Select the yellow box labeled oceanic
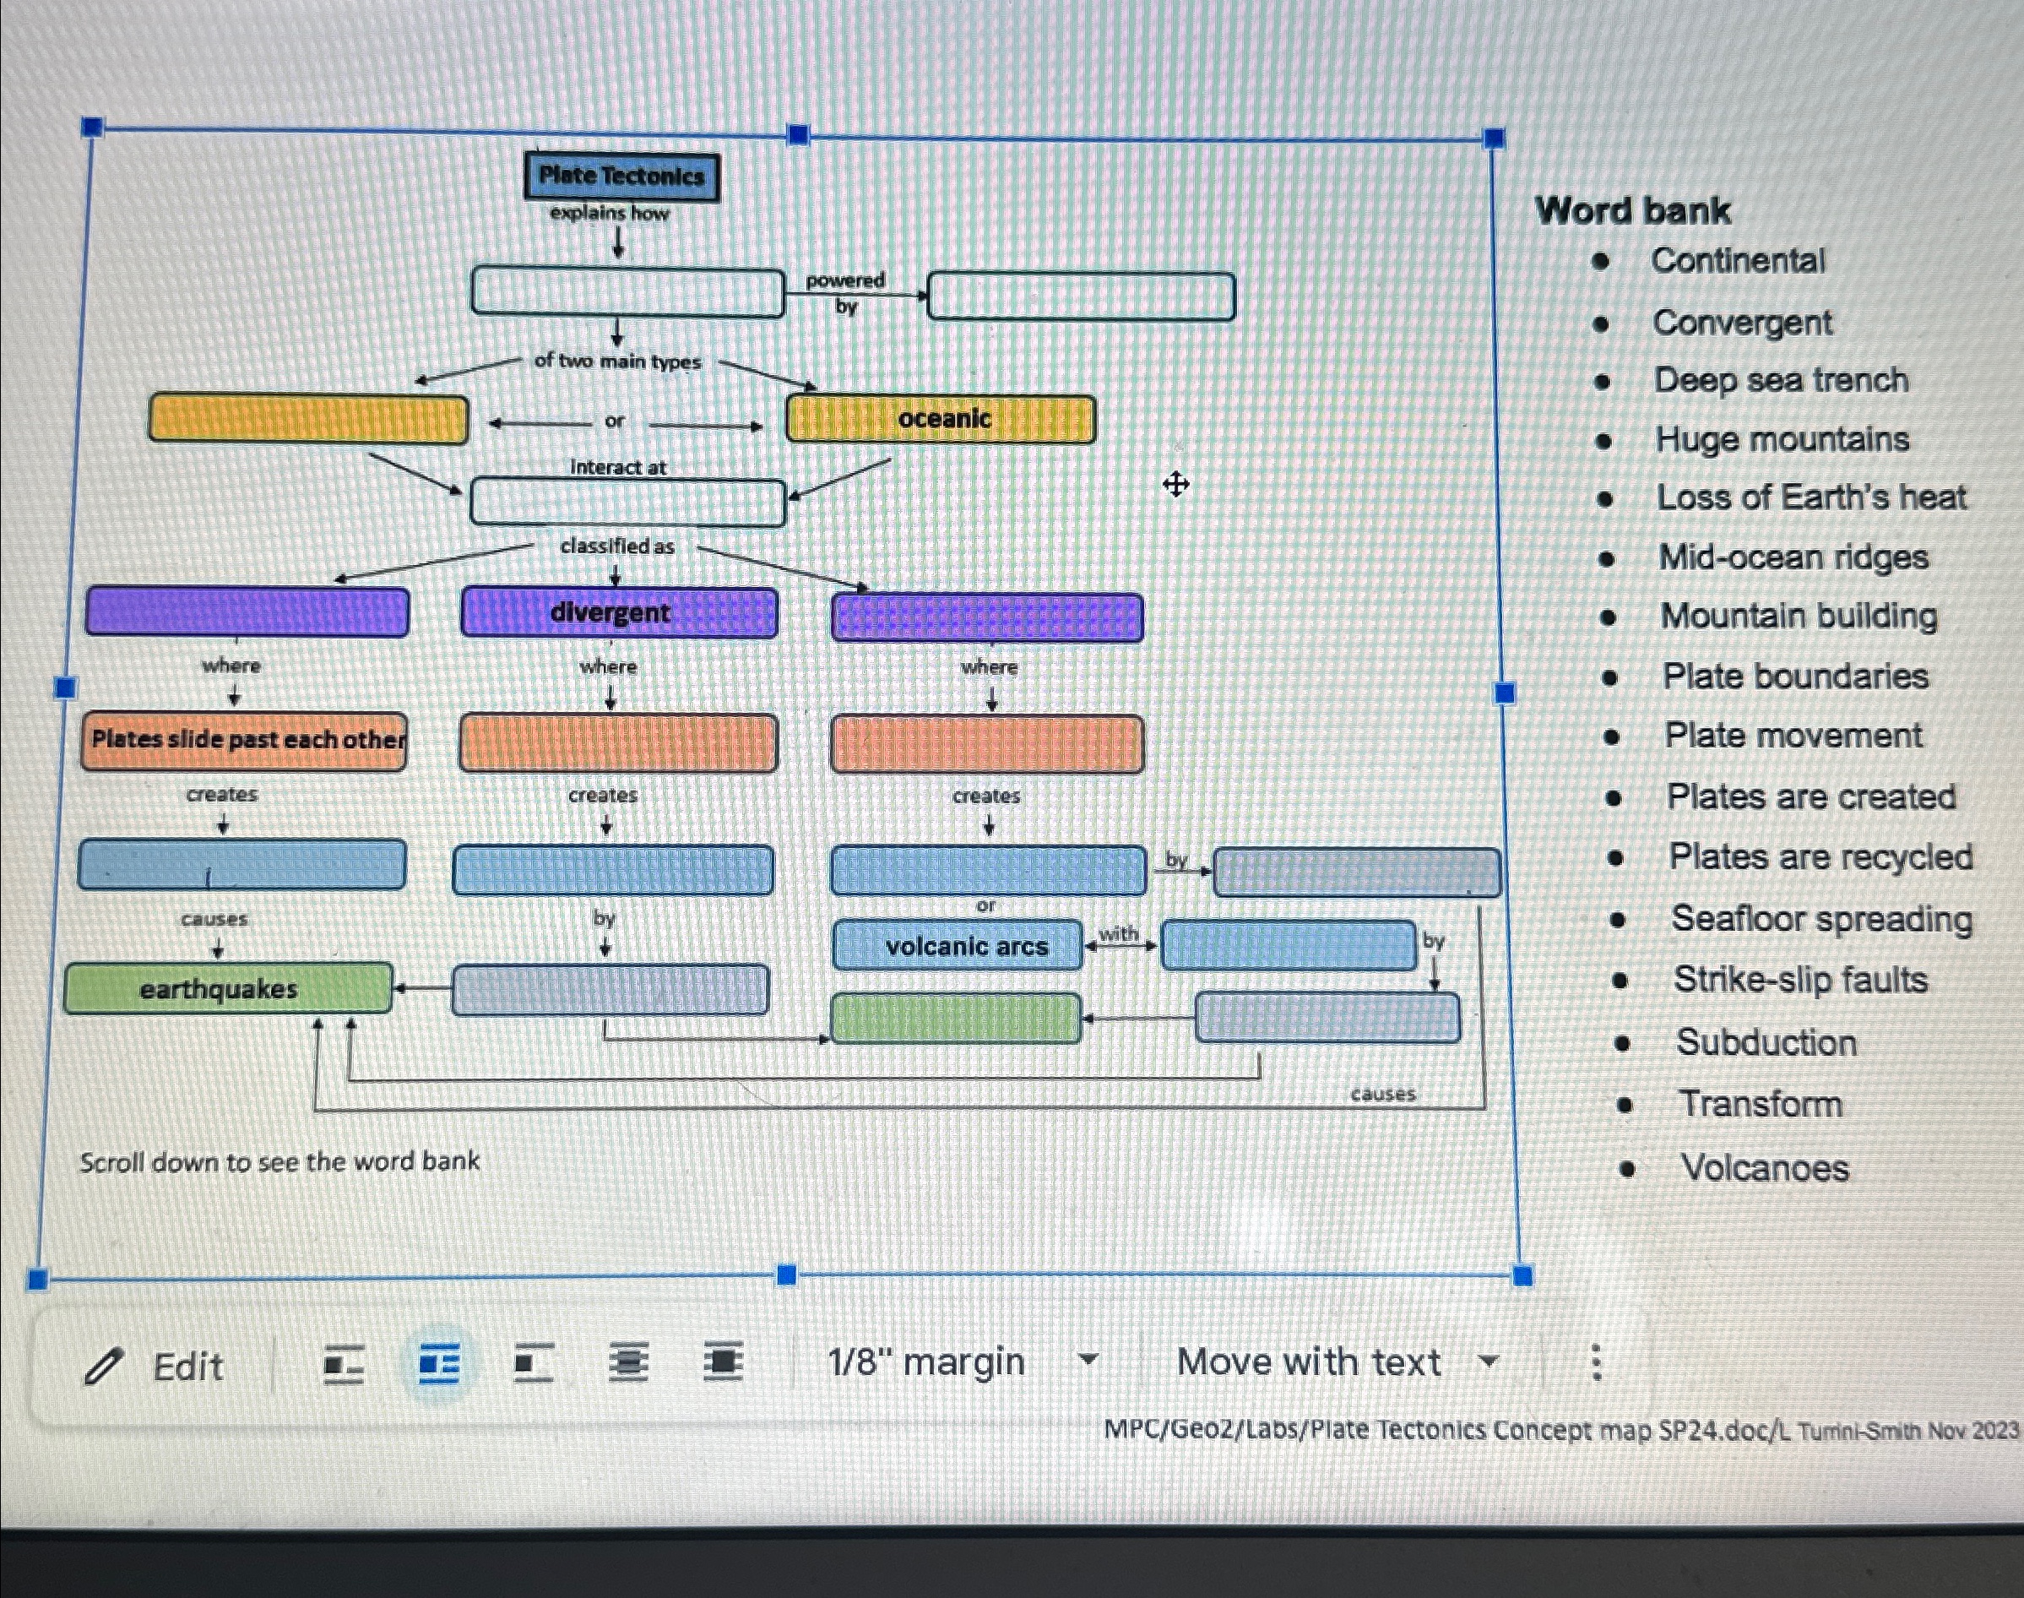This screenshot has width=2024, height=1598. coord(941,418)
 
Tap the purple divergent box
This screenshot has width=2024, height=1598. coord(618,613)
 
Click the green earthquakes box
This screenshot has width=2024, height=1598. coord(228,988)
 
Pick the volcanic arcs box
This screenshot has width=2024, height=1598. coord(958,946)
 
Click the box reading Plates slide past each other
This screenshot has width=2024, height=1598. coord(244,740)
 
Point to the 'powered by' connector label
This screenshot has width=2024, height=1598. coord(845,293)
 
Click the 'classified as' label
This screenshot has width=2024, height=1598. coord(617,546)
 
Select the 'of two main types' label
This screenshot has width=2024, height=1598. coord(617,361)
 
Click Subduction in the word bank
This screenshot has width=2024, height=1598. coord(1766,1042)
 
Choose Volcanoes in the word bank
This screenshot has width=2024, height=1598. coord(1764,1167)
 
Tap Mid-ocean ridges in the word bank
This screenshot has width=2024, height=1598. coord(1793,557)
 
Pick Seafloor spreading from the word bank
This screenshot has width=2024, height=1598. coord(1822,919)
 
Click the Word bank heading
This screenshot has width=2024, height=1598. coord(1633,210)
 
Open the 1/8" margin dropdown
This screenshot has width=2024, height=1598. coord(962,1362)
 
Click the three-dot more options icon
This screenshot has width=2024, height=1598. coord(1597,1362)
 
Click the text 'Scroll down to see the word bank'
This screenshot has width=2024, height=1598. coord(279,1162)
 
